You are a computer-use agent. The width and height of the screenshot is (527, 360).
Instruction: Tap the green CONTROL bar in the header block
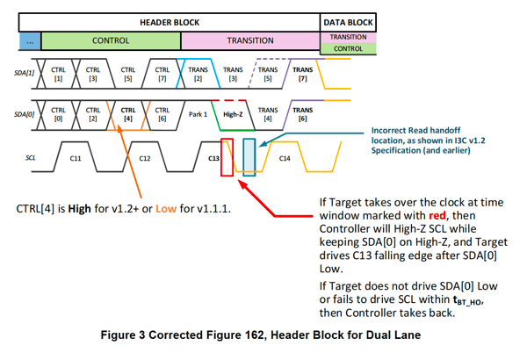coord(111,40)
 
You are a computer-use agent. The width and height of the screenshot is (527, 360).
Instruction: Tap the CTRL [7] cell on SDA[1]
coord(162,75)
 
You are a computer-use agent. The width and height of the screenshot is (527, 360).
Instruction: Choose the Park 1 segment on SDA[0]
coord(197,112)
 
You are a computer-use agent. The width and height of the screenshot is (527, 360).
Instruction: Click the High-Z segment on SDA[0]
coord(232,112)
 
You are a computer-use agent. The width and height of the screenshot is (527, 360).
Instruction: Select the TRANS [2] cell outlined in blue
coord(198,75)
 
